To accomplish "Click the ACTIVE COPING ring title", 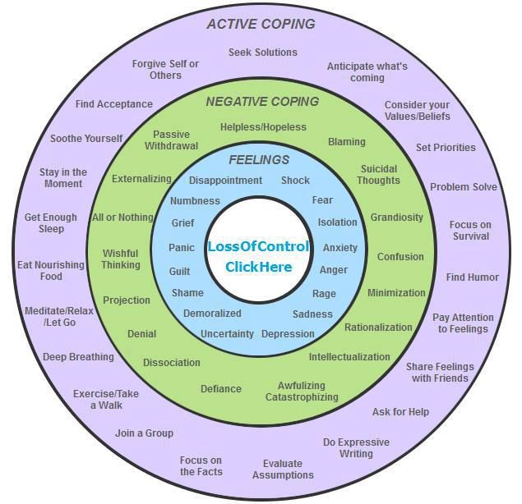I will pos(261,24).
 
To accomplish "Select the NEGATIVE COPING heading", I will pos(262,102).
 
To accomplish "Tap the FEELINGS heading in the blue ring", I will pos(259,159).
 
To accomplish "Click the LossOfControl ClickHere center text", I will pos(258,256).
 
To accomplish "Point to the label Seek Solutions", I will pos(262,53).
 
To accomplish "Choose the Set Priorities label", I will pos(446,148).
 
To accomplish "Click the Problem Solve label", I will pos(463,187).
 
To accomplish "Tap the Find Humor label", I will pos(472,277).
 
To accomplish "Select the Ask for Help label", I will pos(400,412).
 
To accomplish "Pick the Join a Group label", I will pos(144,433).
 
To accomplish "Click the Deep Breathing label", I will pos(78,357).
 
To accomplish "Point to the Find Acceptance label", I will pos(113,104).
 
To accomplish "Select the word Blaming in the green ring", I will pos(346,142).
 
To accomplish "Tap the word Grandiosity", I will pos(396,218).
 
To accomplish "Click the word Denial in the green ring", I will pos(141,334).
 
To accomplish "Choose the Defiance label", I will pos(221,389).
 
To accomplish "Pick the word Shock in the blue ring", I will pos(295,181).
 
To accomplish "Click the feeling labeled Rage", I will pos(324,293).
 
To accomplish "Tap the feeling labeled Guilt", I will pos(179,271).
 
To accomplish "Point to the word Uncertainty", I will pos(227,334).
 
